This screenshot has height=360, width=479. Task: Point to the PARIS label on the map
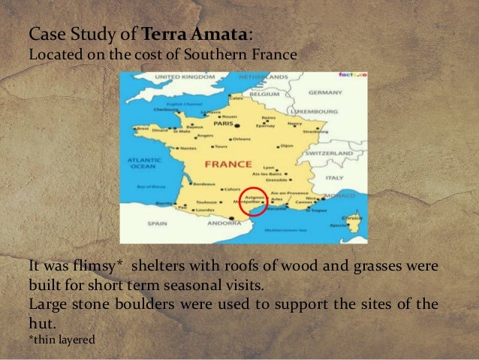point(221,125)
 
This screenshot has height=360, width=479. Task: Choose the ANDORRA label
point(224,222)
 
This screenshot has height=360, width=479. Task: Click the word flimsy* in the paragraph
point(100,267)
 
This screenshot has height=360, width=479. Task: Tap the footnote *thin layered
point(63,339)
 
